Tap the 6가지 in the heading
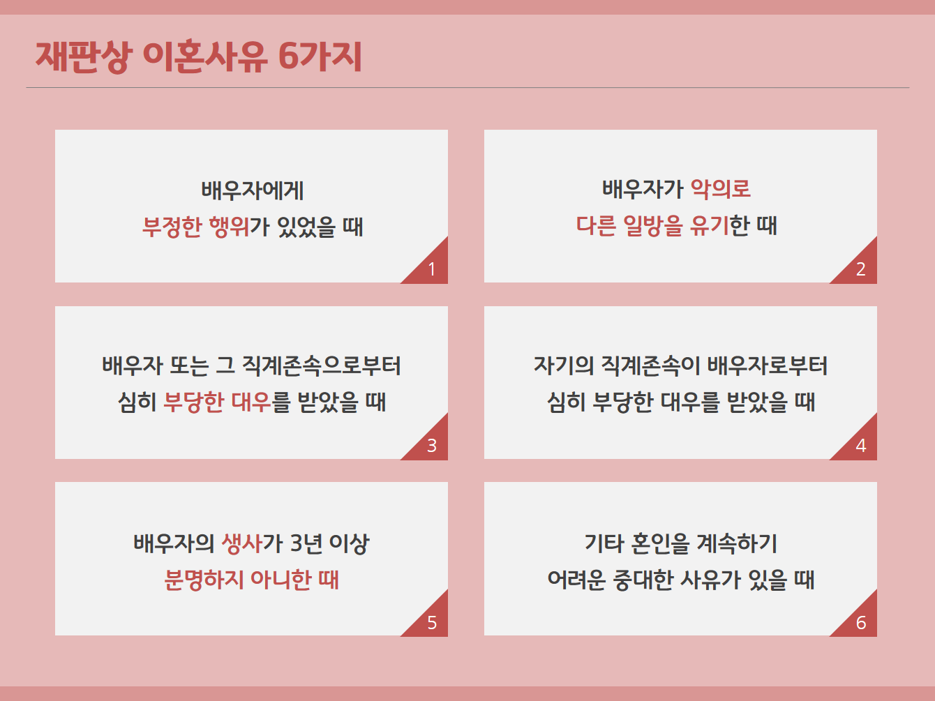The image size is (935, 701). (x=320, y=56)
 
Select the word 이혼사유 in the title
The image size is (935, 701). (x=205, y=56)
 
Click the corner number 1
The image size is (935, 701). (x=432, y=269)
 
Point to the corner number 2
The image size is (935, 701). (x=861, y=269)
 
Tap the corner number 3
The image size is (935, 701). (x=432, y=446)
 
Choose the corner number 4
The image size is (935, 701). (x=861, y=446)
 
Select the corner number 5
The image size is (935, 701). (x=432, y=623)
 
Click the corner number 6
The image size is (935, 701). (x=861, y=623)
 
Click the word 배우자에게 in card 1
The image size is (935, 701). (x=252, y=190)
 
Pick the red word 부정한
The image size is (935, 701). (x=172, y=227)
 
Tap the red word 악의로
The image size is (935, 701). (x=720, y=188)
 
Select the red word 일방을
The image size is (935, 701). (x=652, y=225)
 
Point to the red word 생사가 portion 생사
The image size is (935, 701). (x=241, y=543)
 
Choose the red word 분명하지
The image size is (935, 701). (x=204, y=580)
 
